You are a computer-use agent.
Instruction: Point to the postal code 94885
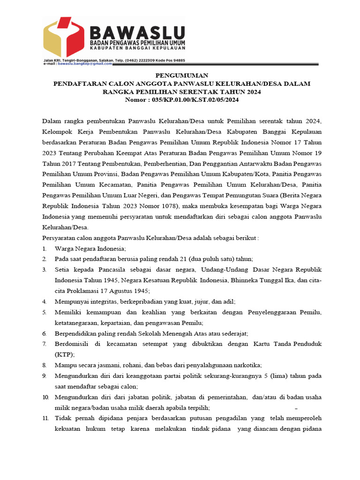[177, 60]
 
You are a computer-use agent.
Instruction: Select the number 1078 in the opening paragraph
[159, 207]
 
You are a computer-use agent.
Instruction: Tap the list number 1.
[44, 248]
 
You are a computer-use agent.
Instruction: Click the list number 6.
[44, 333]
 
